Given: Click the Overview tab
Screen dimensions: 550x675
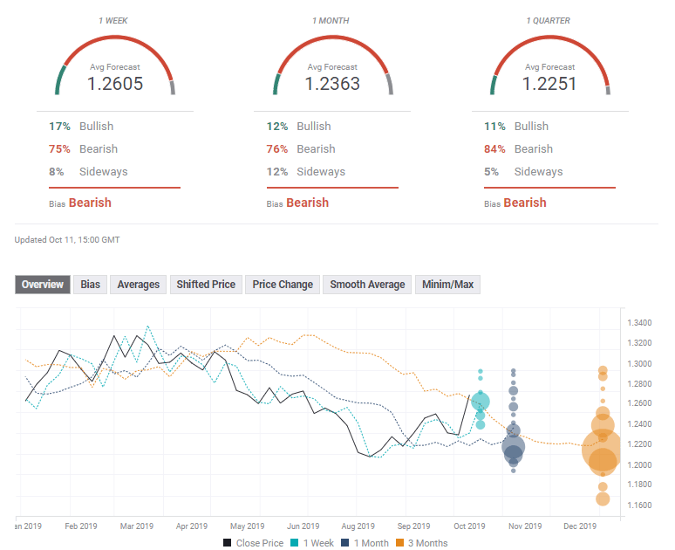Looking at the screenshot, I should [43, 285].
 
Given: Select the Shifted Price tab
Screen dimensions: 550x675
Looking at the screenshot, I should [206, 285].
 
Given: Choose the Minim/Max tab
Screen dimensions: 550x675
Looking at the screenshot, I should [447, 285].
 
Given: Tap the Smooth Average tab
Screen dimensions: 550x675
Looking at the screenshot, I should [367, 285].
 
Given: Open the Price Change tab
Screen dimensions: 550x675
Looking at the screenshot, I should [283, 285].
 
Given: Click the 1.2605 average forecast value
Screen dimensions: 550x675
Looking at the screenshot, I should [115, 84].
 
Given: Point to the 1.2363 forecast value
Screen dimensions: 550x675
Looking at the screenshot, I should [332, 84].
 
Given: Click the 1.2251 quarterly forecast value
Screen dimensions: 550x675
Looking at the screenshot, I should [549, 84].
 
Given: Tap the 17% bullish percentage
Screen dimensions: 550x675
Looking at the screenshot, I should [60, 127].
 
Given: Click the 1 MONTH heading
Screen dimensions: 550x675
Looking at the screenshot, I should [332, 20].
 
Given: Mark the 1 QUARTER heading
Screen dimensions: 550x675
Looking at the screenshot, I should [549, 20].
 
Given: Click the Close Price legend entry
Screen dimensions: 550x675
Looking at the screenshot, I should [253, 543].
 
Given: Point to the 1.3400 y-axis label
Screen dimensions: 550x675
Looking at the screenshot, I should [639, 323].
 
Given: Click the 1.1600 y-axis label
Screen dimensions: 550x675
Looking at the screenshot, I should [639, 505].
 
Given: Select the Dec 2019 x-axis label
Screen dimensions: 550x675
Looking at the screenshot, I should [580, 526].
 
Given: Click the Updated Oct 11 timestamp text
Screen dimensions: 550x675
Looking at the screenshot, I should [67, 239].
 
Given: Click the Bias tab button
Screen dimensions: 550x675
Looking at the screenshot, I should [90, 285].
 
